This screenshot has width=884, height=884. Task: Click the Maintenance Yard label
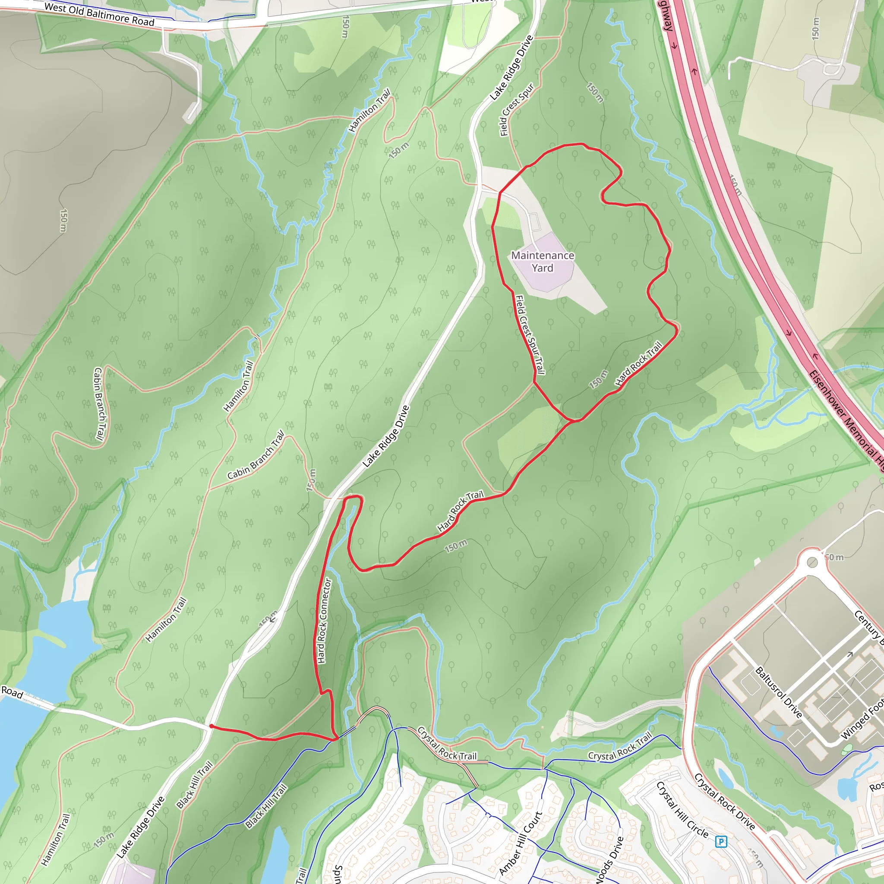click(x=542, y=262)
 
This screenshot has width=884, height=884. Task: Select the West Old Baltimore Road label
click(x=99, y=15)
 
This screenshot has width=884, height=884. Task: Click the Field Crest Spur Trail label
click(x=530, y=335)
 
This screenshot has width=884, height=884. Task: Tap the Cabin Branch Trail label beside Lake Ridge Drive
click(x=256, y=455)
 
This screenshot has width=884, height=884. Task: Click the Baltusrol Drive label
click(x=778, y=692)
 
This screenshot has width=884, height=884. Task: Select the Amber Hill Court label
click(x=520, y=843)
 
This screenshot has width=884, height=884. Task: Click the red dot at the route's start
click(x=212, y=726)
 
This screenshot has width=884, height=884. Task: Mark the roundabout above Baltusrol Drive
click(x=812, y=562)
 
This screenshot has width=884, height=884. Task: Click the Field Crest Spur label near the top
click(x=517, y=110)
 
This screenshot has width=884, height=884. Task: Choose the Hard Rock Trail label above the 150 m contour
click(x=460, y=511)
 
